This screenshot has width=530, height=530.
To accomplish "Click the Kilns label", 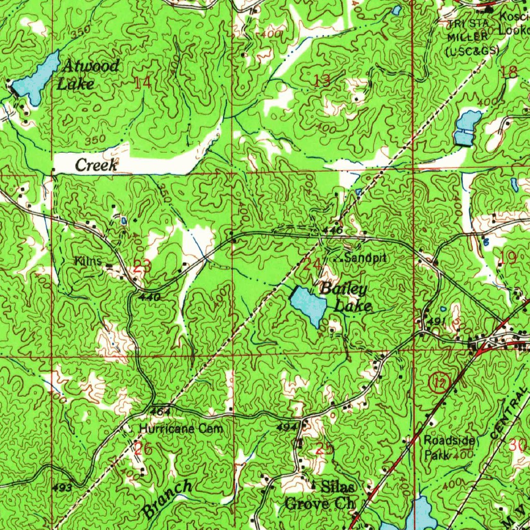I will (x=88, y=262).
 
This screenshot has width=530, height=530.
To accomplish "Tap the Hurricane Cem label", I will (x=181, y=429).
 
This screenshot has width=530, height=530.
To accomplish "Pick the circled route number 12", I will (x=439, y=384).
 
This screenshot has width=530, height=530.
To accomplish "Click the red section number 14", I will (x=142, y=82).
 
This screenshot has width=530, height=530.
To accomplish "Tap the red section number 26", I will (x=143, y=449).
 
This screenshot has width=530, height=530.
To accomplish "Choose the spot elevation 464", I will (x=160, y=410).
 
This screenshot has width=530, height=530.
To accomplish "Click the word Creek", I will (x=97, y=165).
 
